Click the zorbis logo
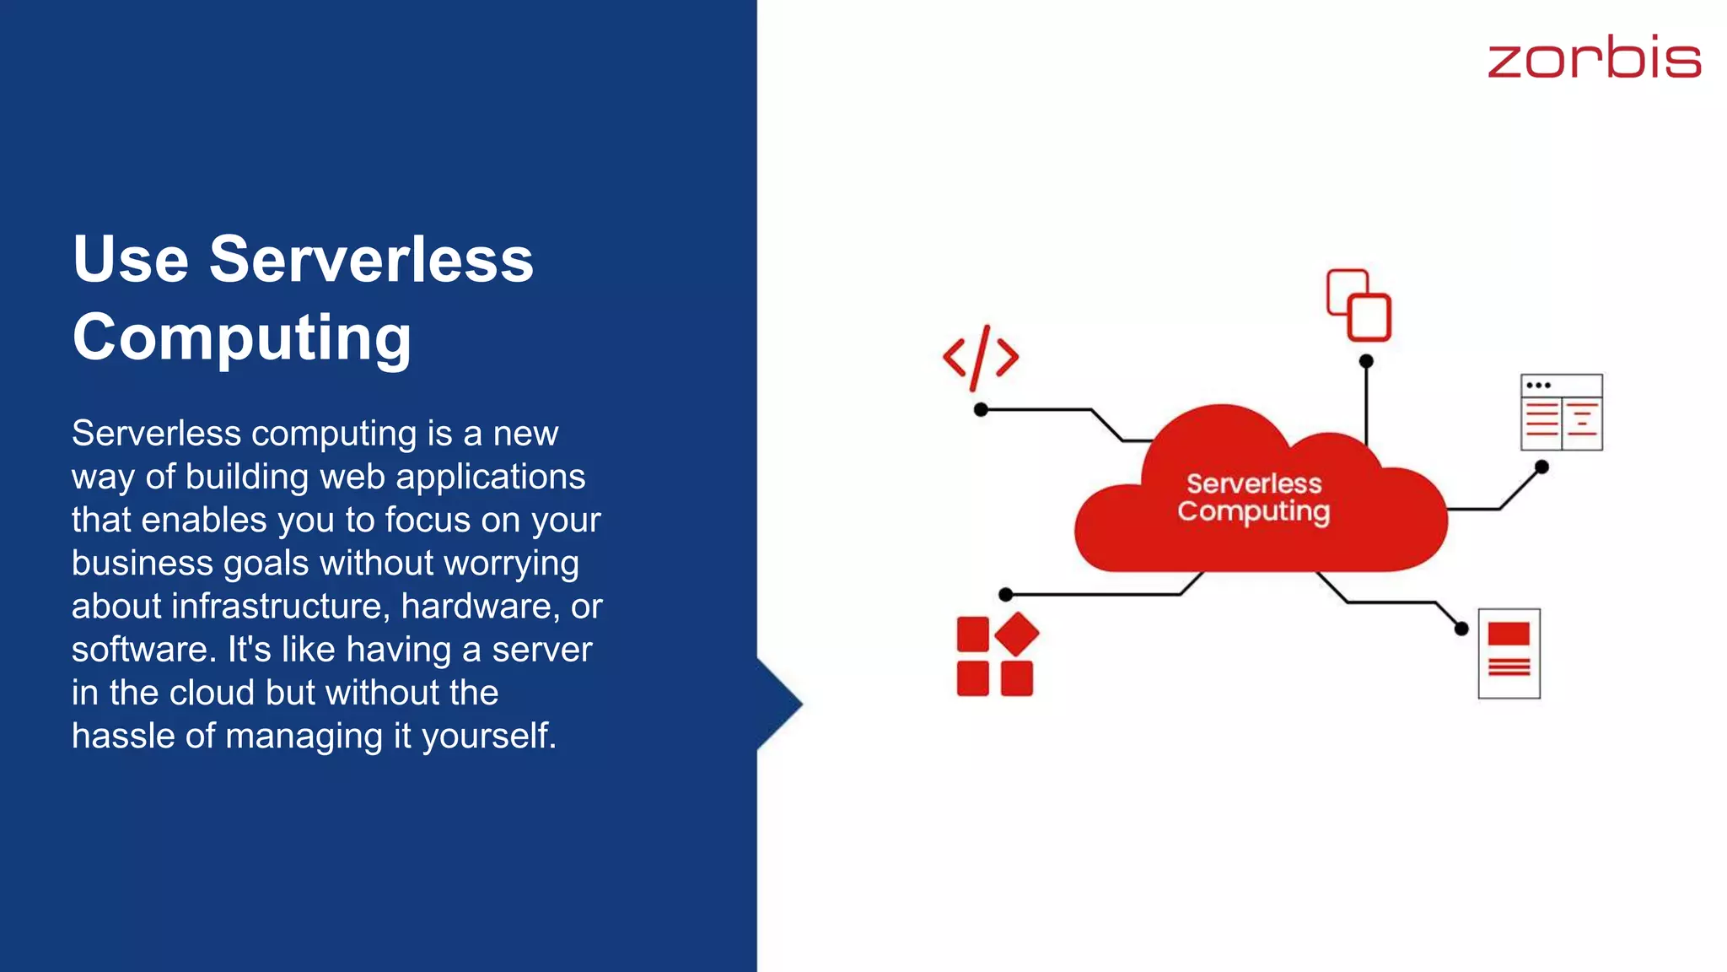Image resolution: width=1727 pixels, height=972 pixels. (x=1594, y=57)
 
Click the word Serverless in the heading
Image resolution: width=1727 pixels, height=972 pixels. (x=371, y=259)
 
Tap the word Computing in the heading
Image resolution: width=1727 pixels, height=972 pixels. (x=242, y=337)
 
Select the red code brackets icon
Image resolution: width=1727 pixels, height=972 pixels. (x=980, y=358)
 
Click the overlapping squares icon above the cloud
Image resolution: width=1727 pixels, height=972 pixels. (x=1358, y=305)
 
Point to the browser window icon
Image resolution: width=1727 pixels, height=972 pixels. (x=1561, y=412)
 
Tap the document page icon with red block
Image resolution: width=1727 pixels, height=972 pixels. (x=1509, y=653)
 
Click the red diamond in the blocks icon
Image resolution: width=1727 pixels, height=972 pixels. (x=1017, y=634)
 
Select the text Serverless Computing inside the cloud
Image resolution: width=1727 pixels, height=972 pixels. (x=1254, y=497)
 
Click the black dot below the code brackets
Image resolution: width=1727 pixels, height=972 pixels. (x=981, y=410)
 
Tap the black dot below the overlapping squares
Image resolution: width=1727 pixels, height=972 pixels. (x=1366, y=361)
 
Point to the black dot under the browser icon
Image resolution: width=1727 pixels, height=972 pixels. (x=1541, y=467)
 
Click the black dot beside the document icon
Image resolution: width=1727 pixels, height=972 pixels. (x=1461, y=629)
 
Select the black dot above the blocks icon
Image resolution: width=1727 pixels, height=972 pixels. (x=1005, y=595)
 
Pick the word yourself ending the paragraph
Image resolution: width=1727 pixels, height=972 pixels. (x=488, y=736)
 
